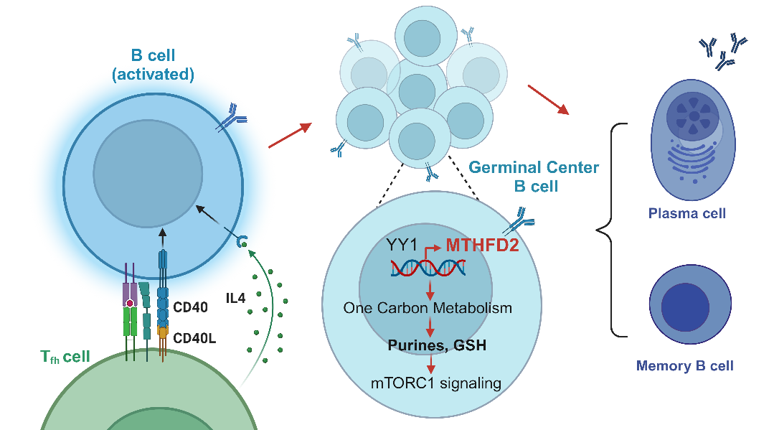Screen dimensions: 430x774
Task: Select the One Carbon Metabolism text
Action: (428, 308)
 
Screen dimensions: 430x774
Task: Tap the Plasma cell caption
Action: (686, 213)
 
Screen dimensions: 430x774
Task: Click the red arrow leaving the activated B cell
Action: (290, 136)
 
